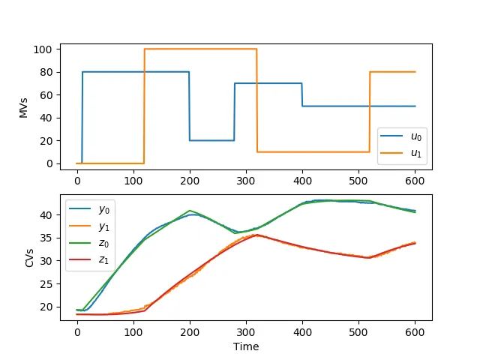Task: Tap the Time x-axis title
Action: coord(246,347)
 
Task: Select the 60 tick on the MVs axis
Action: coord(46,95)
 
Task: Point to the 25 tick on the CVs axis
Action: coord(46,283)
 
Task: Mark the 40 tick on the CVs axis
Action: coord(46,214)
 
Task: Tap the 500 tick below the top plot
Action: coord(358,181)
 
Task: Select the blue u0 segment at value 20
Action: coord(211,140)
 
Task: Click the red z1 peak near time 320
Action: coord(257,235)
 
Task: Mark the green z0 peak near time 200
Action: coord(190,211)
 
